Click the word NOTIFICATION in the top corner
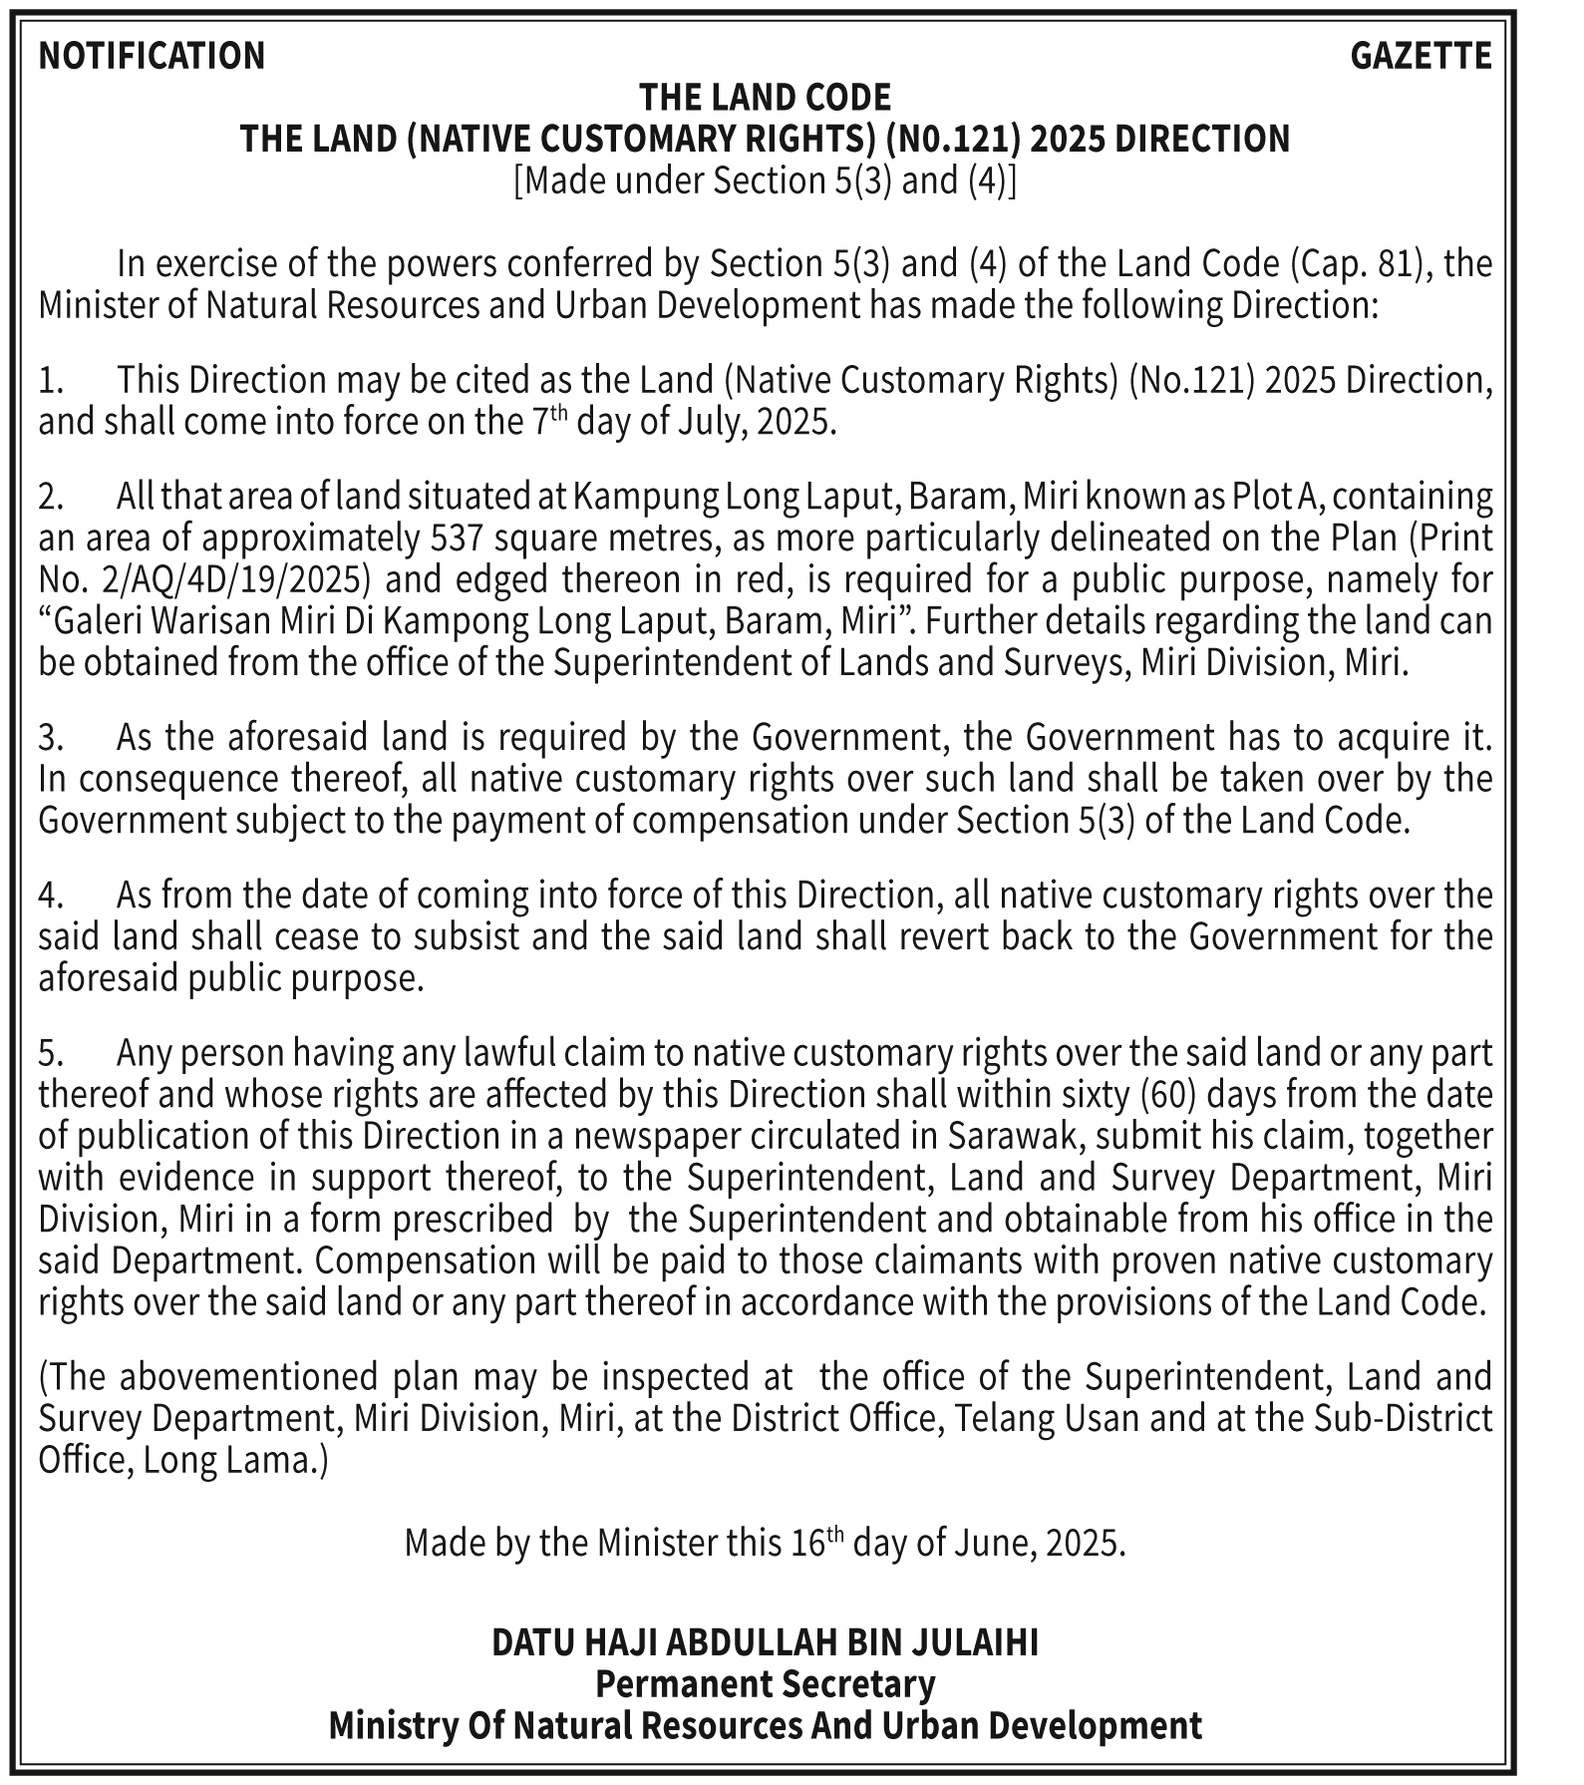[152, 56]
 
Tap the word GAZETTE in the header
[1421, 56]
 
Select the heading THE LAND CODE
[765, 98]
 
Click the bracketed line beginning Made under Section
[765, 181]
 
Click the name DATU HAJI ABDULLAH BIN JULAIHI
[765, 1642]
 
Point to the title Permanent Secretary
[765, 1684]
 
